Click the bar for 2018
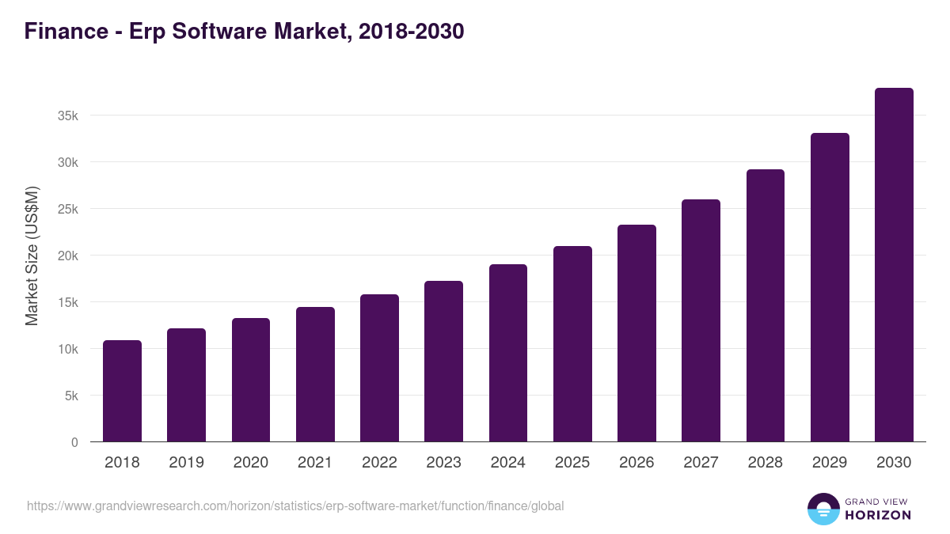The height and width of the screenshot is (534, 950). click(122, 391)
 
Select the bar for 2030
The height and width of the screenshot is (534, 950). click(894, 265)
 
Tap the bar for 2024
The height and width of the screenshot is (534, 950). click(508, 353)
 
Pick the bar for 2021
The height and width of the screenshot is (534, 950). click(315, 374)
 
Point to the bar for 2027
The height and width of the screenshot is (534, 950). click(701, 320)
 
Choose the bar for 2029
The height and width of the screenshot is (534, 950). click(830, 287)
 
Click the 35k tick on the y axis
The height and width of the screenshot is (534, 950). click(68, 116)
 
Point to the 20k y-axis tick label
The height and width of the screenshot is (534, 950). click(68, 256)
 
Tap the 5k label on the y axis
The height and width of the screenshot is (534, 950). click(71, 396)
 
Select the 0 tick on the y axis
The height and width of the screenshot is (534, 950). click(74, 442)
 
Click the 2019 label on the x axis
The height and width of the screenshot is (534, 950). click(186, 463)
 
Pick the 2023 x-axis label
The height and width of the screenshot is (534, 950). click(443, 463)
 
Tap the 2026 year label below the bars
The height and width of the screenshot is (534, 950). click(636, 463)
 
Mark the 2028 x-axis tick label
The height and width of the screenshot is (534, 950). click(766, 463)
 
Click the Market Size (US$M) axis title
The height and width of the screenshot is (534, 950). click(32, 256)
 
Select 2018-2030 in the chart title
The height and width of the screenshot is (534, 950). click(411, 32)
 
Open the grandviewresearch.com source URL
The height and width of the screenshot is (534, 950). click(295, 506)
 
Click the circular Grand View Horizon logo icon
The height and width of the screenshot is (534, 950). click(823, 509)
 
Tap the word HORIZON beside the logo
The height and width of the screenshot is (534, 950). click(878, 515)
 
